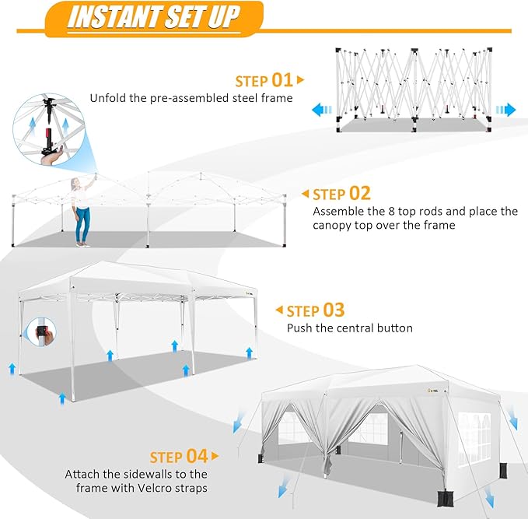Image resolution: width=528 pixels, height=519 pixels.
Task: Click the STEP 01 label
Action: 264,80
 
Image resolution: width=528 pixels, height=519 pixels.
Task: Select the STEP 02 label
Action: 341,194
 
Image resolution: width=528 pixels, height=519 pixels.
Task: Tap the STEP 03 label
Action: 316,310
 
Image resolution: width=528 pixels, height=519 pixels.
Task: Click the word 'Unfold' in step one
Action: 108,98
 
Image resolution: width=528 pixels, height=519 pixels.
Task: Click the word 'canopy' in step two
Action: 336,226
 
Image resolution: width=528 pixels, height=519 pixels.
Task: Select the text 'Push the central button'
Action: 350,328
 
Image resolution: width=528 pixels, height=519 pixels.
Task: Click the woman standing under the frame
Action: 79,211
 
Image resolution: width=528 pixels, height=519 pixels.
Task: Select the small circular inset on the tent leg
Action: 41,334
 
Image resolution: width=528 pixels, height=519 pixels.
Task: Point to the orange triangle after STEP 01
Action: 301,80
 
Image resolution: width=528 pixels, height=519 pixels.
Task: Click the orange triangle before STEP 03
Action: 278,310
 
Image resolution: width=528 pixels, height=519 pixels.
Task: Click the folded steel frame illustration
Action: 414,86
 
